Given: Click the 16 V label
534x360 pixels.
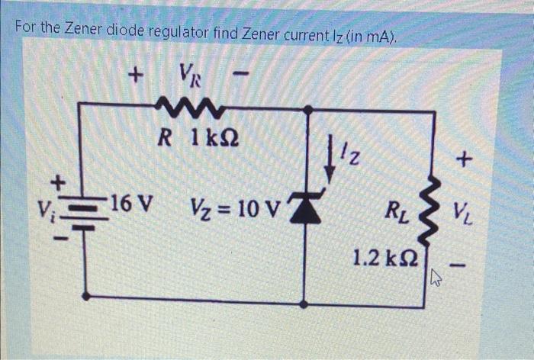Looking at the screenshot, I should (x=130, y=204).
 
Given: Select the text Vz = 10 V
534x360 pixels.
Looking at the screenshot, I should (x=236, y=206).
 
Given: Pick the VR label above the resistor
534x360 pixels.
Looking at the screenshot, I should (x=188, y=75).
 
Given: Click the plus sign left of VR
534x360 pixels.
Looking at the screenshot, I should (x=135, y=76).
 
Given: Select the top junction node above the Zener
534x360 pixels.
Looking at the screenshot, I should (x=307, y=110).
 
